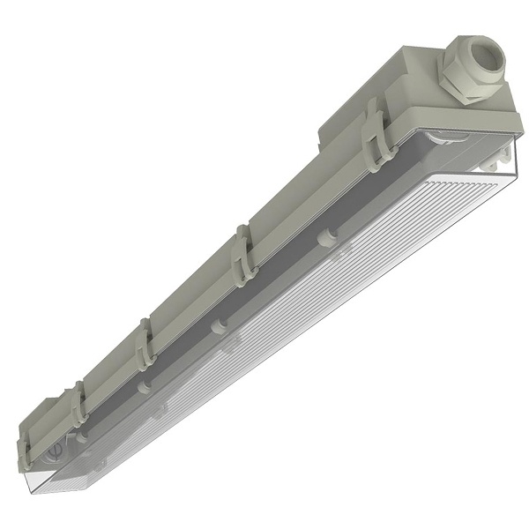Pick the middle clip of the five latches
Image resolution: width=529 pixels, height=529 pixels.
[x=143, y=347]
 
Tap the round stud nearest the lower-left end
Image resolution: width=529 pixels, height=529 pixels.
[x=81, y=435]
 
